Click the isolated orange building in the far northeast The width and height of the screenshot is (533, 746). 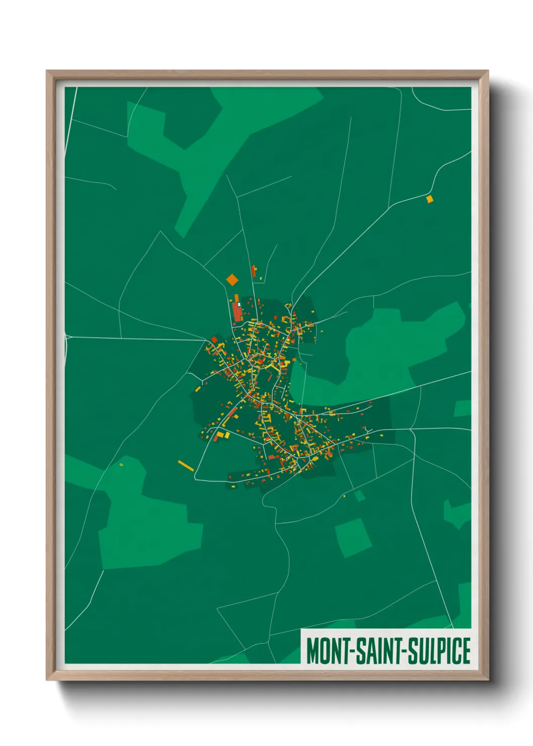[429, 199]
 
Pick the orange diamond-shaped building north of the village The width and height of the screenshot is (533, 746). [232, 279]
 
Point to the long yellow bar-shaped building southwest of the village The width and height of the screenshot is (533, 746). [185, 466]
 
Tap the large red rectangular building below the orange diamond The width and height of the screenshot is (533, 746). [237, 313]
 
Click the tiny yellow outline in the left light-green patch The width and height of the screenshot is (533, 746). [121, 464]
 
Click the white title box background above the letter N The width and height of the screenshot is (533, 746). [336, 634]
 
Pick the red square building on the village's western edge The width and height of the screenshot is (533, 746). [214, 340]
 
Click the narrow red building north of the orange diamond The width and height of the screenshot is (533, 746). [253, 271]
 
